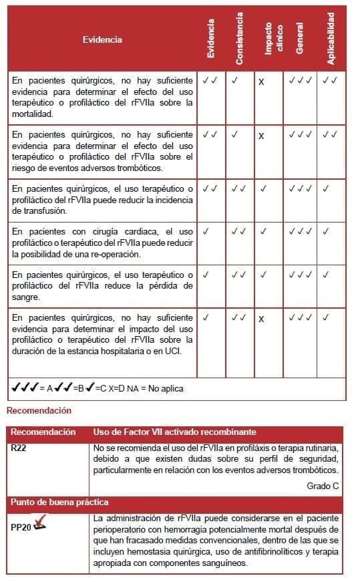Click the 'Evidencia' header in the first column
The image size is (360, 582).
[x=102, y=39]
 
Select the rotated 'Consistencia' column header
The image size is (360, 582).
[x=239, y=39]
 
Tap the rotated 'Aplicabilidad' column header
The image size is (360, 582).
[x=331, y=39]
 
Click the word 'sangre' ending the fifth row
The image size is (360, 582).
[x=25, y=297]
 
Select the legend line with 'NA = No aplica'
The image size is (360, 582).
[x=98, y=388]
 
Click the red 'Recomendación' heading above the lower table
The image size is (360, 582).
[x=39, y=410]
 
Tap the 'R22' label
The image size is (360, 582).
[x=18, y=448]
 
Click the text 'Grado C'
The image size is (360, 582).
[x=323, y=486]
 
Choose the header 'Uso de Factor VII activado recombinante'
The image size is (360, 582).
[x=175, y=432]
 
